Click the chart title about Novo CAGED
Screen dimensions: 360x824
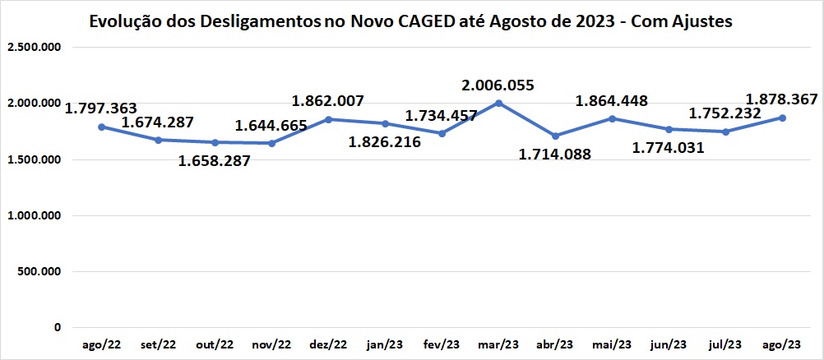pyautogui.click(x=410, y=21)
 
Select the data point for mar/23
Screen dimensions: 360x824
pyautogui.click(x=498, y=103)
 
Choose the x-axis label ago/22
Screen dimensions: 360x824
pyautogui.click(x=101, y=344)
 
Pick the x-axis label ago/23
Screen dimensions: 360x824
pyautogui.click(x=782, y=344)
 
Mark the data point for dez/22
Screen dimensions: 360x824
pyautogui.click(x=328, y=119)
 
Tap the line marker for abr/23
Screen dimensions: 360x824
pyautogui.click(x=556, y=136)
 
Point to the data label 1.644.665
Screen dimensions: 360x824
pyautogui.click(x=271, y=126)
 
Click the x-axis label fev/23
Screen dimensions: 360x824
pyautogui.click(x=442, y=344)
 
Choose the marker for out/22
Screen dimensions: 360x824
pyautogui.click(x=215, y=142)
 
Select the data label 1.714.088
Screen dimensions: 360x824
pyautogui.click(x=555, y=154)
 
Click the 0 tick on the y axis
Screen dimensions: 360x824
pyautogui.click(x=57, y=327)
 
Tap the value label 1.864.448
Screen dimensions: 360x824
pyautogui.click(x=612, y=101)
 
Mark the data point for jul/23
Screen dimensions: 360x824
pyautogui.click(x=725, y=132)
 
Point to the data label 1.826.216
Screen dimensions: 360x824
pyautogui.click(x=385, y=142)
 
